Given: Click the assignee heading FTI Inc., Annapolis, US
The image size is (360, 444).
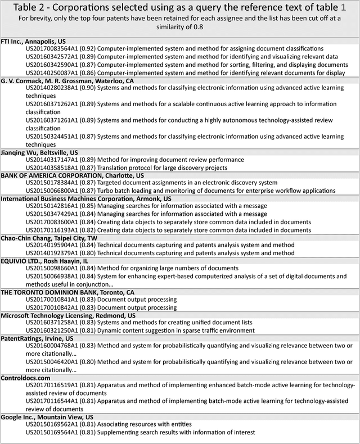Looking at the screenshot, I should pos(33,42).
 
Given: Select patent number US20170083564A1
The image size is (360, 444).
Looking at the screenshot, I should pos(52,49).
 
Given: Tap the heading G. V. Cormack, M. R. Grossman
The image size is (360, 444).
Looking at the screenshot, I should pos(67,81).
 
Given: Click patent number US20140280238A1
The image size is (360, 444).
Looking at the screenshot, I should pos(52,88).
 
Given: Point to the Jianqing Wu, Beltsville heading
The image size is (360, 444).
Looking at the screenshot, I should pos(39,152).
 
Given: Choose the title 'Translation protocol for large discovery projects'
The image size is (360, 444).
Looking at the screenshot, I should pos(162,167).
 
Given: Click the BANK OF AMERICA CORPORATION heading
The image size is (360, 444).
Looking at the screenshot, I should pos(72,175).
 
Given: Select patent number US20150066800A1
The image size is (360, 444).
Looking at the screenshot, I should pos(52,191).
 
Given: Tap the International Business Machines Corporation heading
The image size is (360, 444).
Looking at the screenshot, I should pos(86,198).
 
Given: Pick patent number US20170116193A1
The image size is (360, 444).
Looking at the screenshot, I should pos(52,230).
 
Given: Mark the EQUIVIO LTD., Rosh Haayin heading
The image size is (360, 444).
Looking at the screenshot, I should pos(44,261).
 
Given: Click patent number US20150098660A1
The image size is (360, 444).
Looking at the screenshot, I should pos(52,269).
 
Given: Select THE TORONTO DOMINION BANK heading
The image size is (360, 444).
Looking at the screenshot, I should pos(67,292).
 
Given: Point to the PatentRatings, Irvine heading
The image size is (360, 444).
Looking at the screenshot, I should pos(37,339).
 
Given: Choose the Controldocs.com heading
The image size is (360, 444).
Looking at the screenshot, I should pos(25,378).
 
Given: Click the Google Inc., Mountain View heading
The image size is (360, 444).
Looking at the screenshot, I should pos(47,417).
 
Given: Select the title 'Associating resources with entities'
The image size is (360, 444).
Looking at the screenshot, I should pos(145,424).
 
